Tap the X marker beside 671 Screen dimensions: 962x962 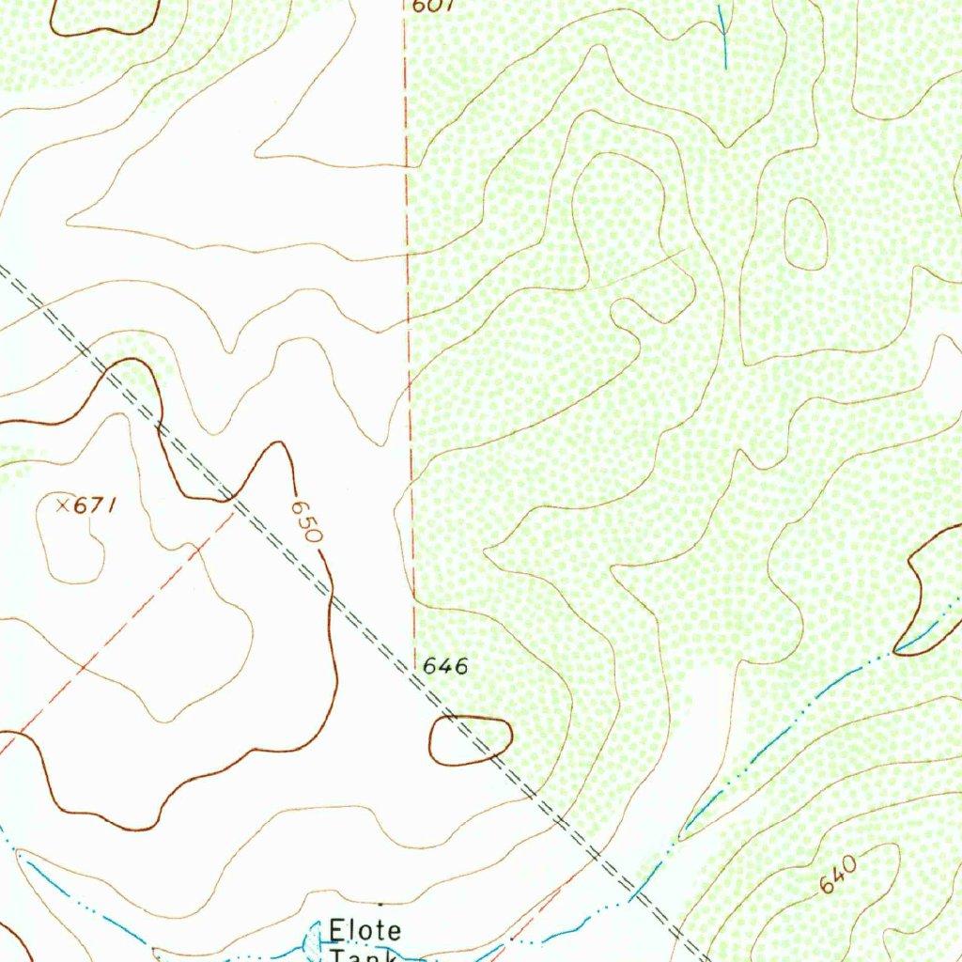[62, 505]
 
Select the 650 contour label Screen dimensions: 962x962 [307, 520]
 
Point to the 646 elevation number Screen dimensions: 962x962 [444, 667]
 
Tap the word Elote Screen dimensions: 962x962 [365, 931]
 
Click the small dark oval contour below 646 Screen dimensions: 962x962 [470, 740]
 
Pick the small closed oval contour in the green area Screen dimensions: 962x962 [805, 234]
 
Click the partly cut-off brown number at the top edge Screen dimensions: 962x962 [433, 6]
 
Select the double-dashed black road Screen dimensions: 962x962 [376, 639]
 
